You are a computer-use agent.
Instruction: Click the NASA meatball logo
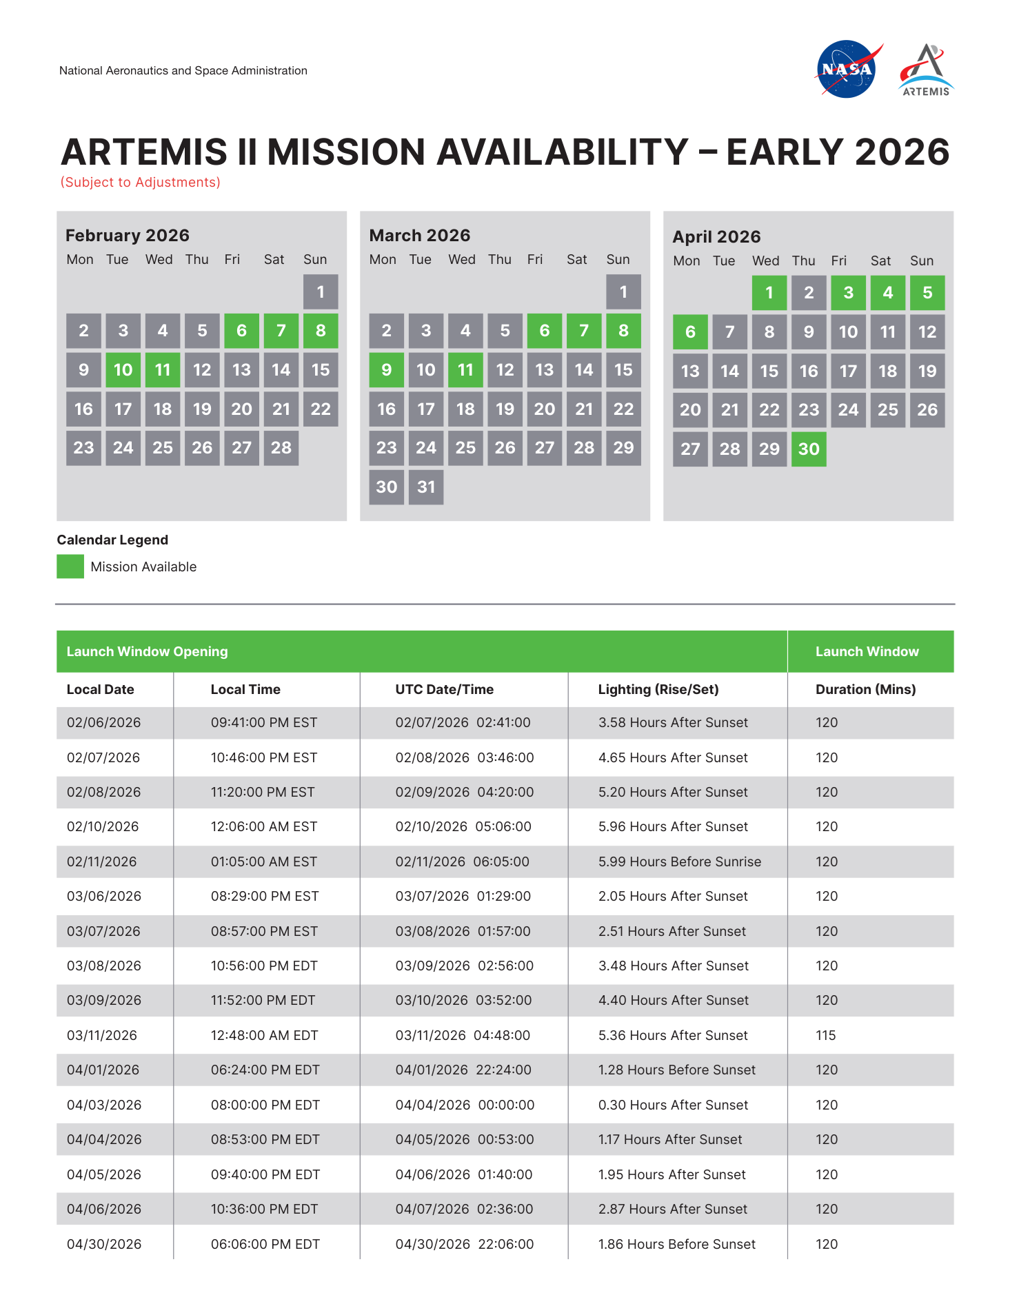(x=847, y=69)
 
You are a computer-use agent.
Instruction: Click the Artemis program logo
(x=926, y=70)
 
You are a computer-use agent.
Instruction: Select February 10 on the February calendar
(x=123, y=370)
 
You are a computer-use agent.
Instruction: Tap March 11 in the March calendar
(x=465, y=370)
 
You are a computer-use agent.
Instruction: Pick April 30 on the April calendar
(x=809, y=449)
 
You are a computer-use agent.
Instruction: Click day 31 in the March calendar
(x=426, y=487)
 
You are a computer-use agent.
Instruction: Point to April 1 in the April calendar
(x=769, y=293)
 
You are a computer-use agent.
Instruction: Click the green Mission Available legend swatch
(x=70, y=567)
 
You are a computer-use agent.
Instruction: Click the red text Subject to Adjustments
(x=141, y=182)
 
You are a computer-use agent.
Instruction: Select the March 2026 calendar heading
(x=420, y=236)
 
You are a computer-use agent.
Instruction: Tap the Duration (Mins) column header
(x=865, y=689)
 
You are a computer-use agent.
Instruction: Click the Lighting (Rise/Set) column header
(x=658, y=689)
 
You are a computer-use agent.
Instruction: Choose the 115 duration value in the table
(x=825, y=1035)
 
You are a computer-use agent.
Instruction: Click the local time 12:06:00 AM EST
(x=264, y=826)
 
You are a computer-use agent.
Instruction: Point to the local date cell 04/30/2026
(x=104, y=1244)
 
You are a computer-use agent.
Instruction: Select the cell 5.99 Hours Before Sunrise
(x=680, y=861)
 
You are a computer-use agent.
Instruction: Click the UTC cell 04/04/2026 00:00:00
(x=465, y=1105)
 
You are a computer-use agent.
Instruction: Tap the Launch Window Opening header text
(x=147, y=651)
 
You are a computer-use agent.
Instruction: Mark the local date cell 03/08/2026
(x=104, y=966)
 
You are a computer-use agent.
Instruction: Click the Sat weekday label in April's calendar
(x=880, y=261)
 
